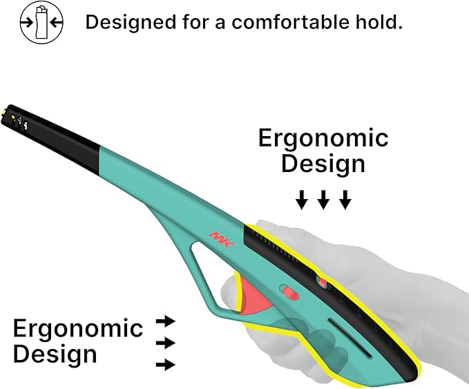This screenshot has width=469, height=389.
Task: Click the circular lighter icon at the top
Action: (x=41, y=22)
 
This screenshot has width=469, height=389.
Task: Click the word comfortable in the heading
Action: (x=290, y=22)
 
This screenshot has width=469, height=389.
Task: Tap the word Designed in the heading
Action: (x=131, y=23)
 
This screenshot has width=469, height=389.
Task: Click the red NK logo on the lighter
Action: (x=222, y=239)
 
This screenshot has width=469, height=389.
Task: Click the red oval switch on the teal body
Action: (x=289, y=292)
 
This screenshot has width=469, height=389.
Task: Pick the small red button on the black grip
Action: (x=323, y=282)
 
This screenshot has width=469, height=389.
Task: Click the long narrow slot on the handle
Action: (x=350, y=338)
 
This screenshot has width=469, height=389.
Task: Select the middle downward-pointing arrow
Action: (x=323, y=200)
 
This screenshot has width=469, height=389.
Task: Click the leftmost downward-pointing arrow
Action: (x=301, y=200)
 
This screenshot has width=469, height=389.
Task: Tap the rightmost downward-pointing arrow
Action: (x=345, y=200)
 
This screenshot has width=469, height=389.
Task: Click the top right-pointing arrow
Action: (x=166, y=322)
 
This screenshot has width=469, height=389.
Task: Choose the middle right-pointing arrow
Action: (x=166, y=343)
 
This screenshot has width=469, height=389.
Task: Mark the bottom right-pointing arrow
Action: (x=166, y=365)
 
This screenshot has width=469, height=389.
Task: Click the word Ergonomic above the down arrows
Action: (x=323, y=139)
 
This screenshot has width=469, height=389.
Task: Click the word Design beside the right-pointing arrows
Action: (x=55, y=354)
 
